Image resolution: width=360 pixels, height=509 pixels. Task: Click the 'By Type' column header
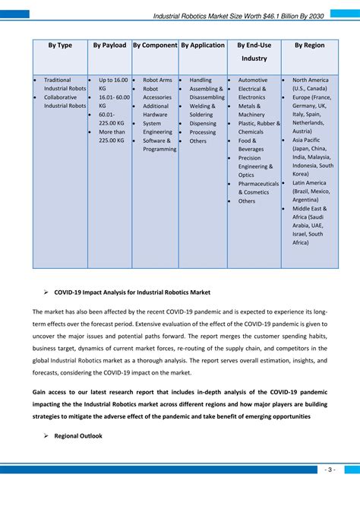[60, 46]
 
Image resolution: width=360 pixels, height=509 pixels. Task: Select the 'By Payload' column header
[109, 46]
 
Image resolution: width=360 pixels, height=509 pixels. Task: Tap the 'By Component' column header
[155, 46]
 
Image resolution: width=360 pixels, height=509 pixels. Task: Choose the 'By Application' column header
[202, 46]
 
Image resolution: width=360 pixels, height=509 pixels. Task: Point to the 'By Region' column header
[309, 46]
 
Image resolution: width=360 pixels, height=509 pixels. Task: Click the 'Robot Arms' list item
[157, 80]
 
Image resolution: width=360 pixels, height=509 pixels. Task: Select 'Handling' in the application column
[201, 80]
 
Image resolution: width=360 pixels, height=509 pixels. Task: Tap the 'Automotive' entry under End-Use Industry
[253, 80]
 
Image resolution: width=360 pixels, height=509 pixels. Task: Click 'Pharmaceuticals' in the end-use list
[258, 184]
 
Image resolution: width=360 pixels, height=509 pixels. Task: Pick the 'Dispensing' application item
[203, 123]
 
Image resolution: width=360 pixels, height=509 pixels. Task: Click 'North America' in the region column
[311, 80]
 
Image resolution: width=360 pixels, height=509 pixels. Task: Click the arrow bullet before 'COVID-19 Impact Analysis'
[47, 292]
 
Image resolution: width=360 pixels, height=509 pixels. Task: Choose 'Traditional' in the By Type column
[58, 80]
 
